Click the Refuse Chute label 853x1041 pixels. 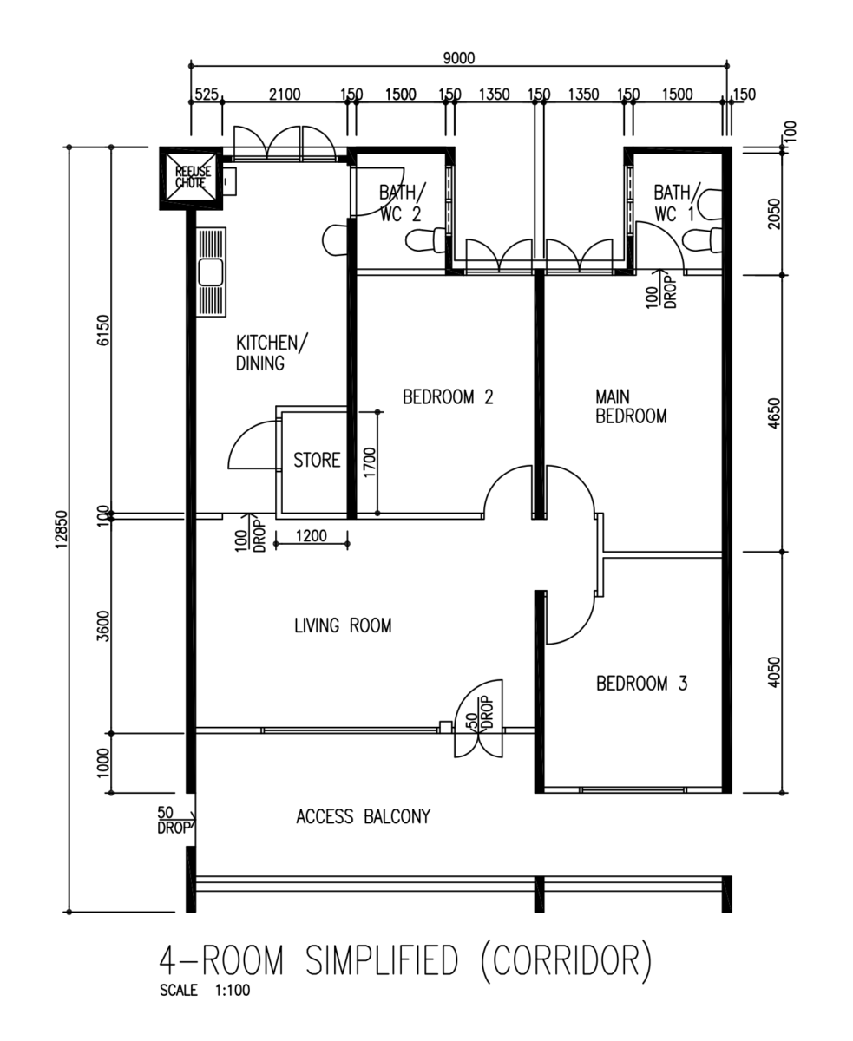click(x=193, y=177)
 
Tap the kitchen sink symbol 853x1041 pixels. click(x=211, y=272)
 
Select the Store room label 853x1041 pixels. click(x=317, y=460)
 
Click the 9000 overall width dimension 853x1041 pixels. click(x=458, y=58)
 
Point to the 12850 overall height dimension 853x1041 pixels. click(x=62, y=530)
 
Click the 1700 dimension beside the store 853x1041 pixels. click(x=370, y=462)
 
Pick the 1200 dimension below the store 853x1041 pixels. click(x=311, y=535)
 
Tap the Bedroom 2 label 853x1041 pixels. click(x=448, y=396)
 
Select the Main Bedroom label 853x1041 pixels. click(x=631, y=407)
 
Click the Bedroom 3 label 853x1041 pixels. click(x=642, y=684)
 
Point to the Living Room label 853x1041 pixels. click(x=343, y=625)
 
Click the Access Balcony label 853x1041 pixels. click(x=364, y=817)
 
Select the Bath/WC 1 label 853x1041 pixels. click(x=676, y=203)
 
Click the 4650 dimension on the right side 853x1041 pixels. click(x=775, y=413)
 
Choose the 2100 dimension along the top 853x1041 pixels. click(x=285, y=95)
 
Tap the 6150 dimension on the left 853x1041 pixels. click(x=103, y=330)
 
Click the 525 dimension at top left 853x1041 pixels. click(x=207, y=95)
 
